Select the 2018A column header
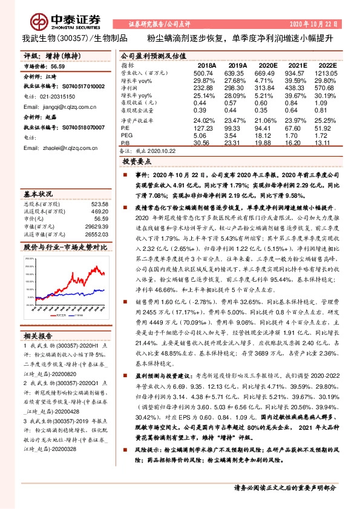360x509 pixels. (x=207, y=64)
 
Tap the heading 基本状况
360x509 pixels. (x=38, y=195)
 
